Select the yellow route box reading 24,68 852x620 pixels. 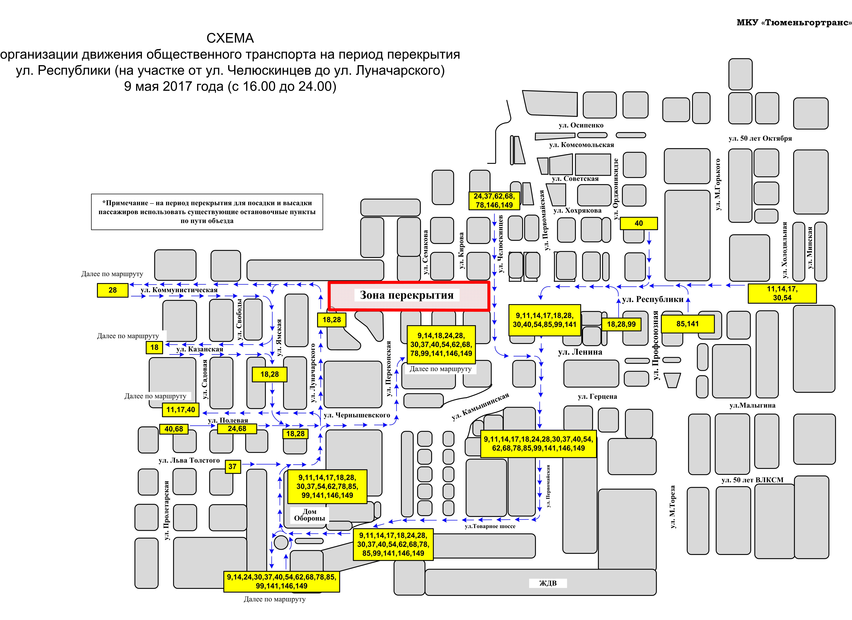pyautogui.click(x=237, y=429)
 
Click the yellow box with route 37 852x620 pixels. pyautogui.click(x=233, y=467)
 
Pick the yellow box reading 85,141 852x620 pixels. pyautogui.click(x=687, y=324)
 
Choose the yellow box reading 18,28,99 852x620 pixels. pyautogui.click(x=621, y=324)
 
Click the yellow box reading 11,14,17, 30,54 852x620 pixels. pyautogui.click(x=782, y=293)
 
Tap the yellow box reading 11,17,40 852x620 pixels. pyautogui.click(x=181, y=410)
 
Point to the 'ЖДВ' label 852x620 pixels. pyautogui.click(x=548, y=583)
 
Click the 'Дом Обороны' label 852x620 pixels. pyautogui.click(x=310, y=515)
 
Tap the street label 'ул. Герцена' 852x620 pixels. pyautogui.click(x=597, y=396)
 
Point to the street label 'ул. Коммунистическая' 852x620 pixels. pyautogui.click(x=179, y=290)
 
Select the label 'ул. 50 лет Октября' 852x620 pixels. pyautogui.click(x=760, y=138)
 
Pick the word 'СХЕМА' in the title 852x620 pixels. pyautogui.click(x=230, y=38)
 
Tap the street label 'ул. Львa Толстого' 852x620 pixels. pyautogui.click(x=189, y=460)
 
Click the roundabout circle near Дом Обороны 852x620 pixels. pyautogui.click(x=281, y=543)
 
